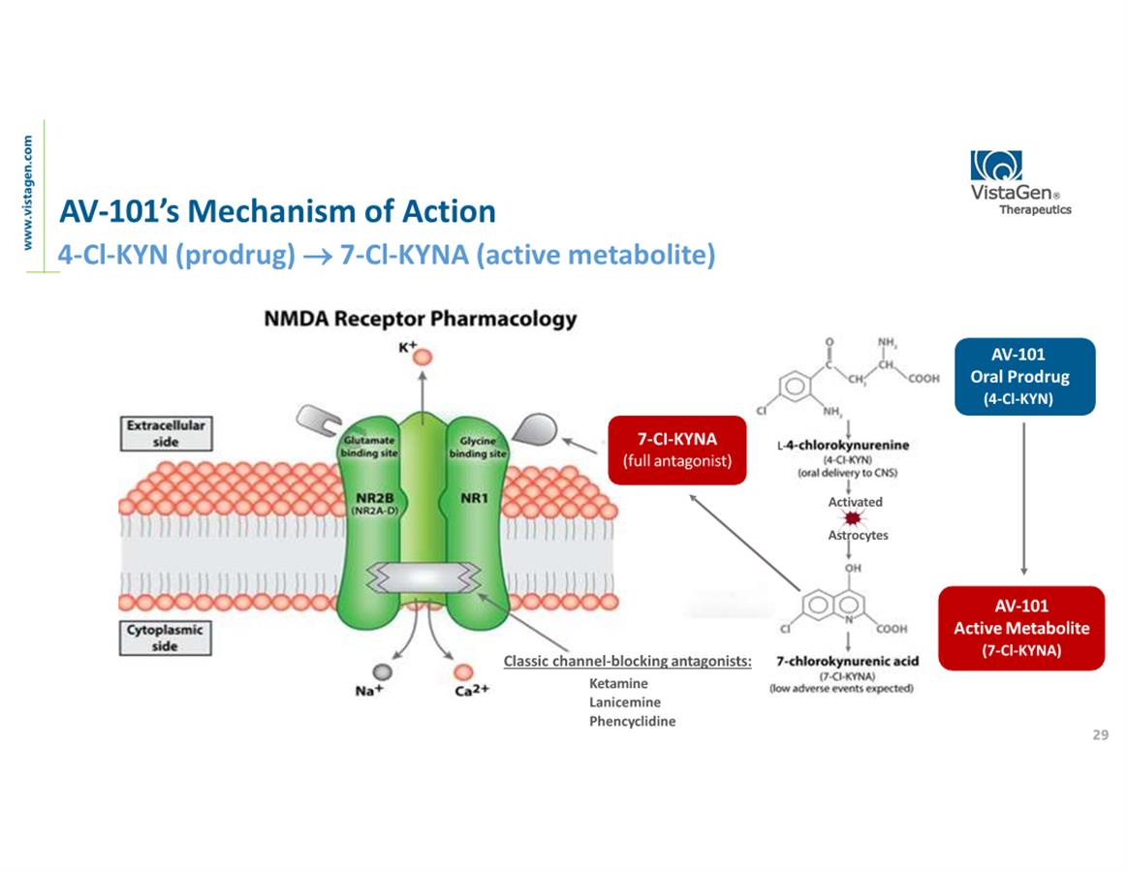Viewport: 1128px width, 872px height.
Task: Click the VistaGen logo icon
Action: coord(996,167)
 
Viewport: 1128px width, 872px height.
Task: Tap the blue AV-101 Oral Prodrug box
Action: coord(1025,376)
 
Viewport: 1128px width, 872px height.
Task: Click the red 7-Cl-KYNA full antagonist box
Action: coord(676,450)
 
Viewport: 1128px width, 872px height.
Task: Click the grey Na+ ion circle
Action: coord(384,671)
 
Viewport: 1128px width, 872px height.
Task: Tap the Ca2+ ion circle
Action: coord(464,671)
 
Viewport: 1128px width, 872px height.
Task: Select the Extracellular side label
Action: coord(166,434)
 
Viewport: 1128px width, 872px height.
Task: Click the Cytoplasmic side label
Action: coord(166,638)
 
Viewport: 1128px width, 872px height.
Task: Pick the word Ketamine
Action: coord(618,683)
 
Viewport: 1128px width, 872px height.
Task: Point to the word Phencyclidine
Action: coord(632,722)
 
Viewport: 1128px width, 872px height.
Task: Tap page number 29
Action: coord(1100,735)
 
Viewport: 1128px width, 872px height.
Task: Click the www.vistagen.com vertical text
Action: coord(29,192)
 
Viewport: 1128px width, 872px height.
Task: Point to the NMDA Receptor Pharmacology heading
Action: coord(420,319)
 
